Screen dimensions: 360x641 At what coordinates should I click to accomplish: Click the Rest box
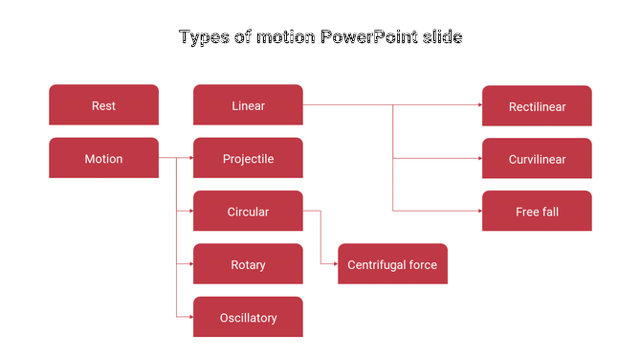pos(103,105)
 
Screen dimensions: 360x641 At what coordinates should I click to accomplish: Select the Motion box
pos(103,158)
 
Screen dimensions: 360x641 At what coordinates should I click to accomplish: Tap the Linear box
pos(248,105)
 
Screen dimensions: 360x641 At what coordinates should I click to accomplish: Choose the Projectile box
pos(248,158)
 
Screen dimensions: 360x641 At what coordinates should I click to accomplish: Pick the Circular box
pos(248,211)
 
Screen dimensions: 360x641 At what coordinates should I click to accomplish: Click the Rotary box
pos(248,264)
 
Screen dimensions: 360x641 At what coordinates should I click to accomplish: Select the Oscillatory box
pos(248,317)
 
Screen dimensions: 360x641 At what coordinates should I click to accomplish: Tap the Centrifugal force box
pos(392,264)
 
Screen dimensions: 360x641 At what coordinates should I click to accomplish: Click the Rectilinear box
pos(537,106)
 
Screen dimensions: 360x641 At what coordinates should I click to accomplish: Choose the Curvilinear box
pos(537,159)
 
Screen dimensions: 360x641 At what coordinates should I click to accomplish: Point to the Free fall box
pos(537,211)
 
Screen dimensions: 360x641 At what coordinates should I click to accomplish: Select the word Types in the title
pos(203,38)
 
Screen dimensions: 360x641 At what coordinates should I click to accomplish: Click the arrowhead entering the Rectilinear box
pos(478,105)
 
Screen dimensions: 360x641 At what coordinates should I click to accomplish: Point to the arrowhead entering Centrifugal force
pos(334,264)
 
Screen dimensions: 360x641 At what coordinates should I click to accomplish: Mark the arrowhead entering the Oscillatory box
pos(189,317)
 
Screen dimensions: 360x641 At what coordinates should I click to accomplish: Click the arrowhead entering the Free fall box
pos(478,211)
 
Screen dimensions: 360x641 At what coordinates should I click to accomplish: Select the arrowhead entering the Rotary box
pos(189,264)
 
